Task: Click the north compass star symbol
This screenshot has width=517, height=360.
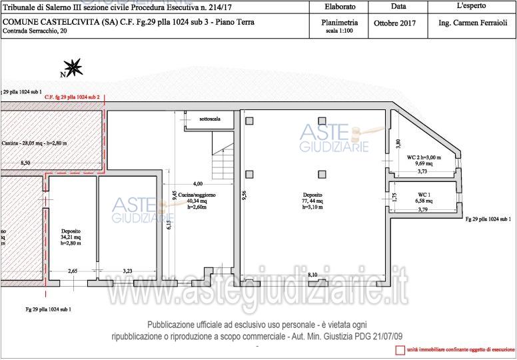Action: pos(75,67)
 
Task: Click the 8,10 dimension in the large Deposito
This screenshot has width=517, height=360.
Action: pos(312,274)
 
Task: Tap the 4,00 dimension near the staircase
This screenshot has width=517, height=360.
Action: pos(198,183)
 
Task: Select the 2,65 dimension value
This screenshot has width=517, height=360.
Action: pos(74,271)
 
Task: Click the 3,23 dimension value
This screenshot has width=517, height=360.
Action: pos(128,271)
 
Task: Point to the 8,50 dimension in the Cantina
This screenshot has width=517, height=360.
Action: pos(25,163)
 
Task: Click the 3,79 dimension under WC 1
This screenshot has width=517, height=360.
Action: pos(422,210)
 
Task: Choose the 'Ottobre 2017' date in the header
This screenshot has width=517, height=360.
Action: pos(394,23)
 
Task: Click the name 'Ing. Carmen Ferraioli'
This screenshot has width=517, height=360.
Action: pos(472,23)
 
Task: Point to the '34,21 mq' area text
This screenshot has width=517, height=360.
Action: pos(71,237)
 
